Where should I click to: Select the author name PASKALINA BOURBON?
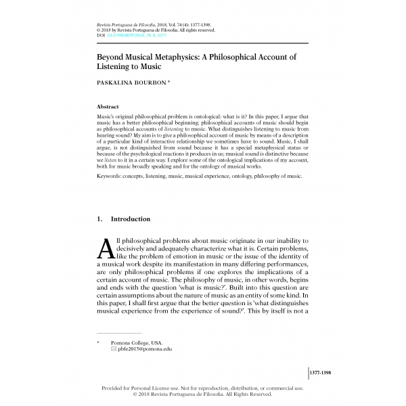[133, 83]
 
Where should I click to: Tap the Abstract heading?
[108, 106]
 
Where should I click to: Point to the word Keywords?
[112, 176]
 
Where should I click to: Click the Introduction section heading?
[131, 219]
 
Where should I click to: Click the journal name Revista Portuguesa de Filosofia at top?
[120, 24]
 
